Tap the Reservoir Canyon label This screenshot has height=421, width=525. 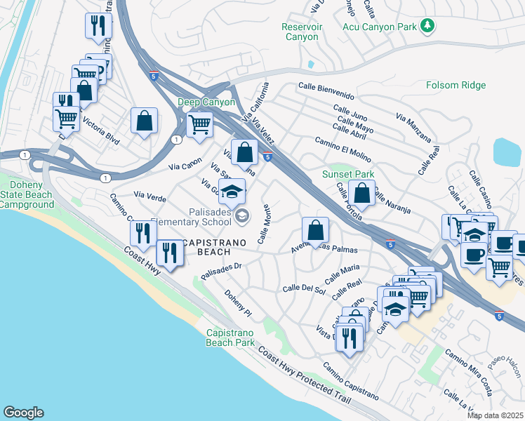click(x=302, y=32)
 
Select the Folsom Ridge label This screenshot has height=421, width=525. click(x=456, y=86)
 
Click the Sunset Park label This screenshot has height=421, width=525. click(x=347, y=174)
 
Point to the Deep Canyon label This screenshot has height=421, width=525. click(x=205, y=102)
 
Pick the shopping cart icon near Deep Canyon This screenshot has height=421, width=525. click(x=200, y=124)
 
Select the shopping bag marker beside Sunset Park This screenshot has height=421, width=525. click(x=362, y=192)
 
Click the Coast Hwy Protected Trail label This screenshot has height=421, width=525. click(x=304, y=373)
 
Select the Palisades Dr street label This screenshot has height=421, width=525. click(x=221, y=266)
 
